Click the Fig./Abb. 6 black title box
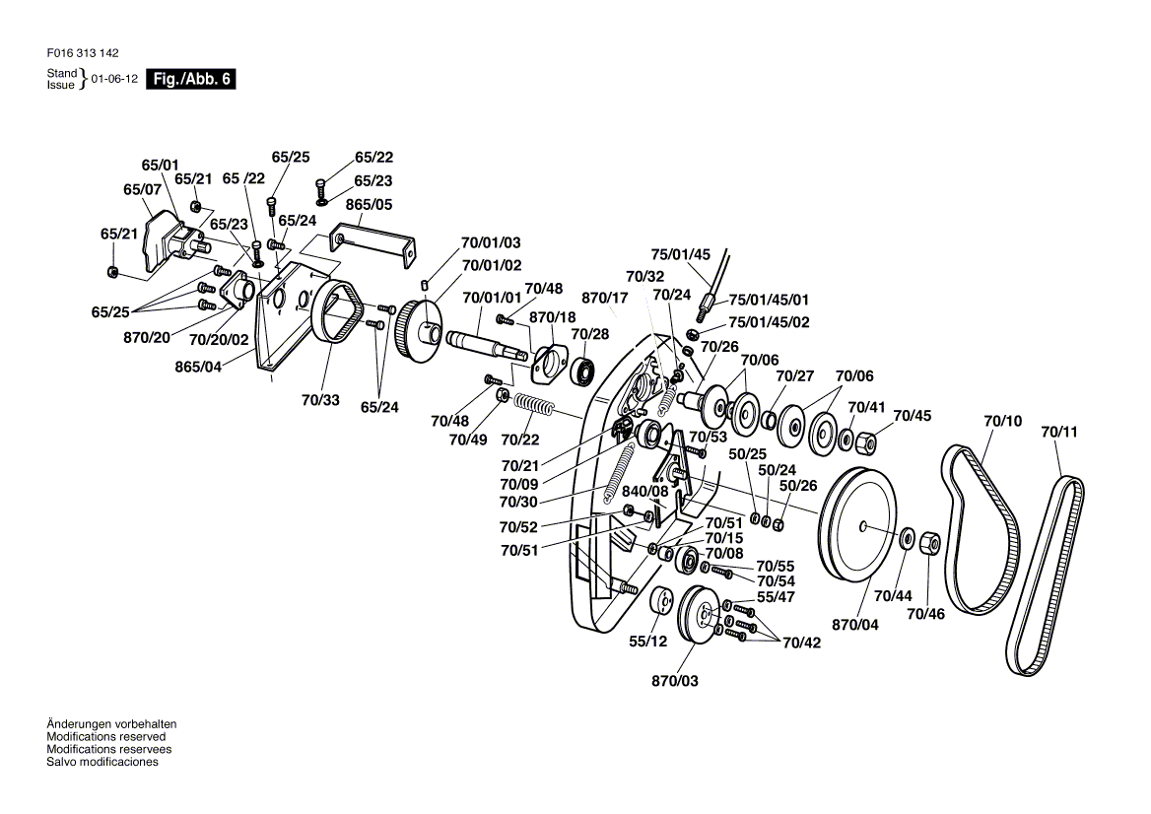pos(191,79)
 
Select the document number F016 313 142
pos(82,53)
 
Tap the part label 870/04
pos(855,625)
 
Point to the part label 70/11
pos(1059,432)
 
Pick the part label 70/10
pos(1003,421)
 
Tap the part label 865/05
pos(370,204)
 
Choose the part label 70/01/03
pos(491,242)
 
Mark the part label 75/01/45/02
pos(769,322)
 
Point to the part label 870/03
pos(675,680)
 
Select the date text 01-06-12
pos(114,79)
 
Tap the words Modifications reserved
pos(105,736)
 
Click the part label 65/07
pos(143,190)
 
